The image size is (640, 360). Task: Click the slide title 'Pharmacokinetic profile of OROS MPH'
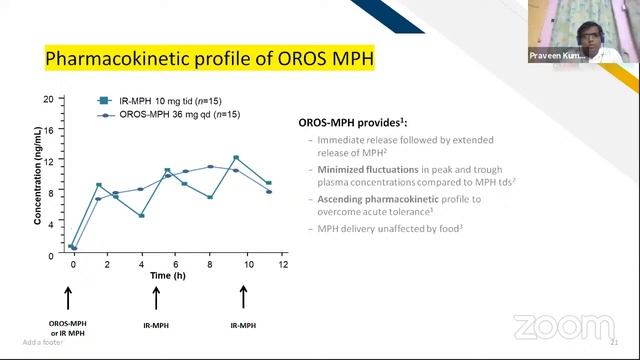[209, 61]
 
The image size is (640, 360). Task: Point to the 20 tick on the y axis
[48, 99]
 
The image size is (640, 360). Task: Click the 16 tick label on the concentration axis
[48, 130]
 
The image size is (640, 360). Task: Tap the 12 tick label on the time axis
[283, 267]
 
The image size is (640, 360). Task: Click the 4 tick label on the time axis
[141, 267]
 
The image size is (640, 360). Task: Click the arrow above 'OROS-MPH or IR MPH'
[68, 297]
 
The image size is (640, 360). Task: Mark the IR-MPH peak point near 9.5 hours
[236, 158]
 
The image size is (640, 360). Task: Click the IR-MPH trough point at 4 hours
[141, 215]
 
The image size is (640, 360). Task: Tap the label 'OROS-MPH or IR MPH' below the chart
[67, 329]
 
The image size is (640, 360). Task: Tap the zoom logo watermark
[549, 327]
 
